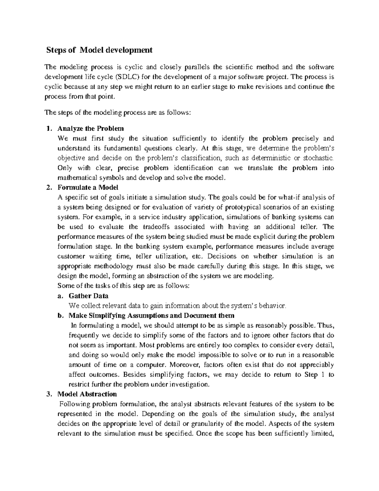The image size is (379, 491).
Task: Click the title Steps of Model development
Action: point(99,50)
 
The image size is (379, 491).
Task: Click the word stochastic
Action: point(318,158)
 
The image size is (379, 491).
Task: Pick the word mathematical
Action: point(74,177)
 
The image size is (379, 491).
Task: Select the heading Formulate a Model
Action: point(88,187)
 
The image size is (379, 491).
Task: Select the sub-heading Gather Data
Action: point(88,296)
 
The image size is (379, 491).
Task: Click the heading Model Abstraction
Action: point(87,394)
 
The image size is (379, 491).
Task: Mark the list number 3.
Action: point(48,394)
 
